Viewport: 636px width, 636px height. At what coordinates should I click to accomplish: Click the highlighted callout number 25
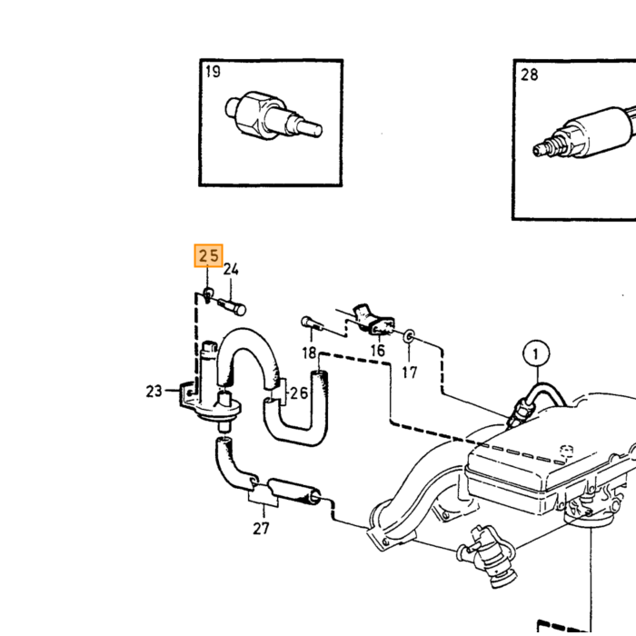click(x=208, y=256)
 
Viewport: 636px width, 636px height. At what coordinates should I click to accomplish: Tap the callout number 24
click(x=231, y=269)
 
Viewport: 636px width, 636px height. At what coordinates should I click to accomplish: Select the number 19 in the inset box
click(x=213, y=72)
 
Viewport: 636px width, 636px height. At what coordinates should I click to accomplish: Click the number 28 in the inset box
click(x=529, y=75)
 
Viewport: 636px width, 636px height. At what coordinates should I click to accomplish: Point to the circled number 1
click(x=536, y=354)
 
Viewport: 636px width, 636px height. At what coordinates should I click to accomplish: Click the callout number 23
click(x=154, y=392)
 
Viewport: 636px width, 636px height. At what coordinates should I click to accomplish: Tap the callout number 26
click(x=299, y=393)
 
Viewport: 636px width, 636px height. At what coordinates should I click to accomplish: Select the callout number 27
click(x=261, y=529)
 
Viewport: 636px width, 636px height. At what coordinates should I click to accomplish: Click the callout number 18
click(x=309, y=353)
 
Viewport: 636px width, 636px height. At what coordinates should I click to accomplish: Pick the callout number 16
click(x=378, y=351)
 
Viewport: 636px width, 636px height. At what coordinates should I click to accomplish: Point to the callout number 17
click(x=410, y=372)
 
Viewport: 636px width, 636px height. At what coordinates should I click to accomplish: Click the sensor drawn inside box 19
click(x=273, y=116)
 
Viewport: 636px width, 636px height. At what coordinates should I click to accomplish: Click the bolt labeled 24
click(x=232, y=307)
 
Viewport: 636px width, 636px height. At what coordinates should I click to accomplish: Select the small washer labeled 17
click(x=409, y=335)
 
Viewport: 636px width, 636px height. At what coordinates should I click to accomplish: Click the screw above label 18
click(x=313, y=323)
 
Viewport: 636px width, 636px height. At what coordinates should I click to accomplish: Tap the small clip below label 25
click(x=208, y=294)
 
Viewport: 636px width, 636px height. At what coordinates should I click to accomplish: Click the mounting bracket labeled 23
click(x=187, y=393)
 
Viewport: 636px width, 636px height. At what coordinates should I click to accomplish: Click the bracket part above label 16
click(x=373, y=320)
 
